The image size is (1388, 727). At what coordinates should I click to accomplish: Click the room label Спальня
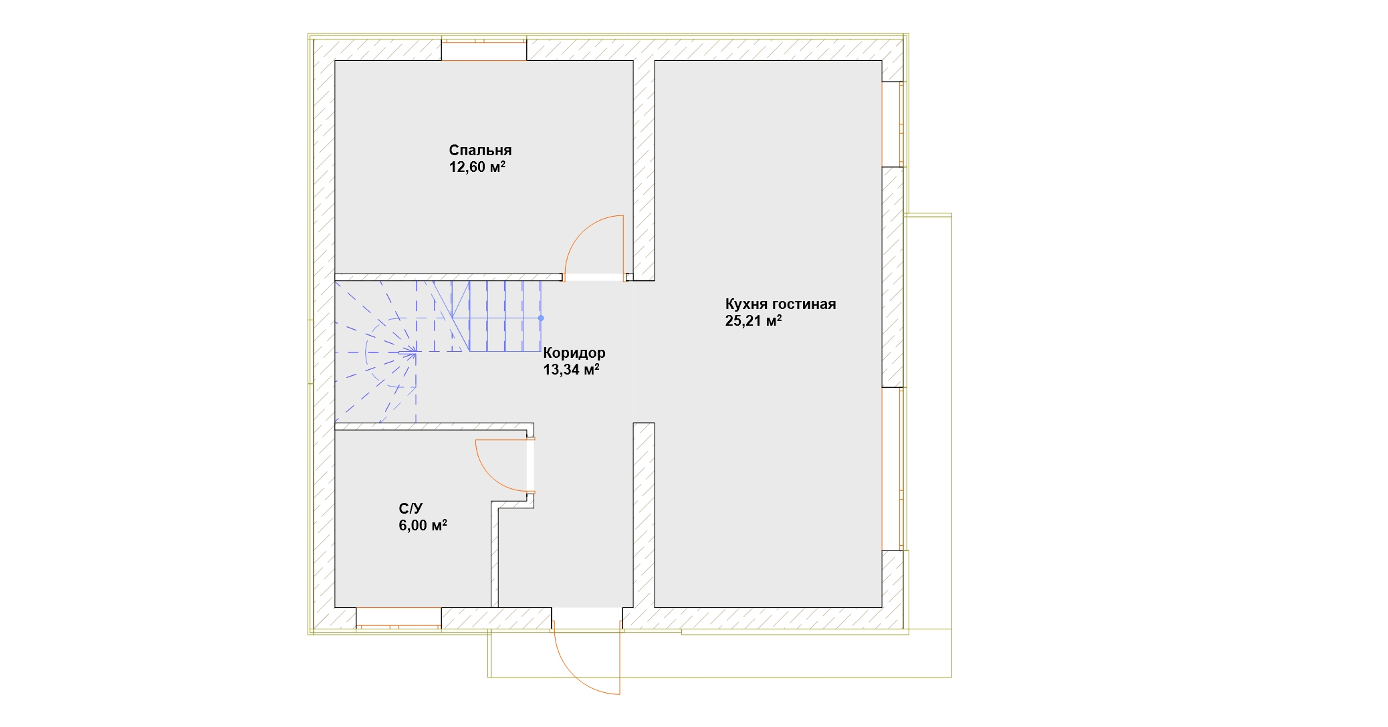(x=480, y=150)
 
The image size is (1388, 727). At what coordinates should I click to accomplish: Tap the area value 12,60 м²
(x=477, y=167)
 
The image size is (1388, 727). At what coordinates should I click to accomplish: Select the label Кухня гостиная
(x=780, y=304)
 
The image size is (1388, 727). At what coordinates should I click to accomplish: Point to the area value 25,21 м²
(x=754, y=320)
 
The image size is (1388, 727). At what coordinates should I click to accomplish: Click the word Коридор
(x=574, y=352)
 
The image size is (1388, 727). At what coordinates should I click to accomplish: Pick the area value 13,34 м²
(x=571, y=369)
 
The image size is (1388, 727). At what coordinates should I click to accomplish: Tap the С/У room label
(x=411, y=509)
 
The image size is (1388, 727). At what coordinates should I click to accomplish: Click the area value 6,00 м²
(x=423, y=525)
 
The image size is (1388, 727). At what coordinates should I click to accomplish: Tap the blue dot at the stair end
(x=541, y=318)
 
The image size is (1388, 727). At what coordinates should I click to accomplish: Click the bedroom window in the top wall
(x=484, y=50)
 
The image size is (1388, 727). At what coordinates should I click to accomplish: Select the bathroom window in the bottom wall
(x=398, y=618)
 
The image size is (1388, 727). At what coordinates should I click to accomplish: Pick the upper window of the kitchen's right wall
(x=893, y=124)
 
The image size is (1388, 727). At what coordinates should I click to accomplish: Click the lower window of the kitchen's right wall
(x=893, y=469)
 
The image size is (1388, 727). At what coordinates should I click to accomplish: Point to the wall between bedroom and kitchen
(x=644, y=171)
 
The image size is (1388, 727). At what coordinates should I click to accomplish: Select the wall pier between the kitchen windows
(x=893, y=277)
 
